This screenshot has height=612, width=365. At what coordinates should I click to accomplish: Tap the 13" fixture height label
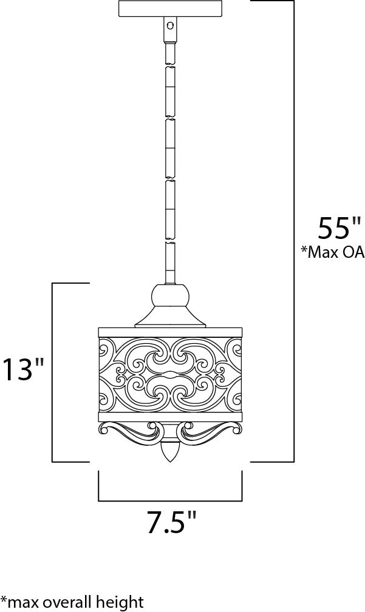[x=22, y=369]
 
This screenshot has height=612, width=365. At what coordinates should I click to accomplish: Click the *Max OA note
[x=332, y=252]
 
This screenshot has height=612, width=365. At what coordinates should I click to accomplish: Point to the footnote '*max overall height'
[x=72, y=602]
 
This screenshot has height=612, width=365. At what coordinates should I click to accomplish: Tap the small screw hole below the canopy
[x=169, y=25]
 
